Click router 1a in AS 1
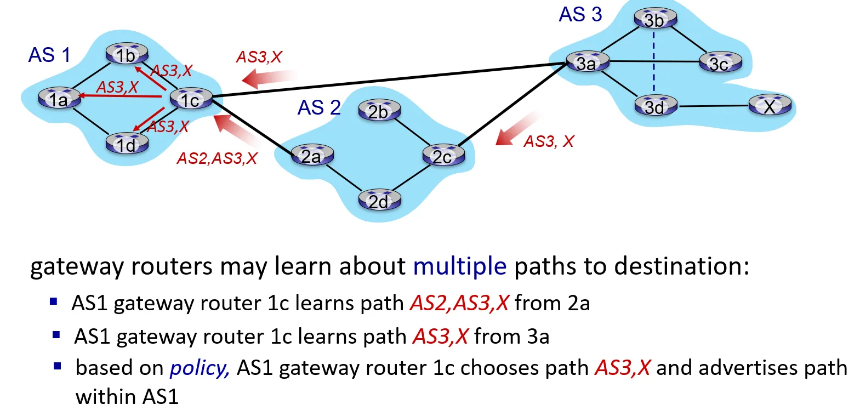59,99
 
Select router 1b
127,54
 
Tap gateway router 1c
190,100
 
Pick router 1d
127,144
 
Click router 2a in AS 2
311,156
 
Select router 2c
443,156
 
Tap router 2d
379,201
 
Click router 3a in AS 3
587,63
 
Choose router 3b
655,19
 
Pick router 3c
720,63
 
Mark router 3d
655,106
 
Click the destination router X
770,106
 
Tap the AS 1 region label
49,55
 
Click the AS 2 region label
319,107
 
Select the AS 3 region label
580,15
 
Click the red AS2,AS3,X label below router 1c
217,158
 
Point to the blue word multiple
459,266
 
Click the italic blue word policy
200,368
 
